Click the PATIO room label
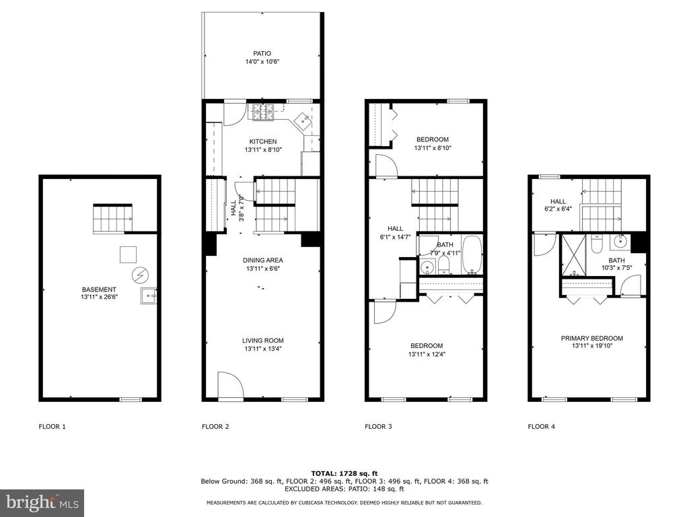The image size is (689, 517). tap(262, 54)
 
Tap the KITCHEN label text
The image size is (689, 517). tap(263, 141)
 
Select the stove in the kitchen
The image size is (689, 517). tap(263, 112)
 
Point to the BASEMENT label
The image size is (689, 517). tap(99, 289)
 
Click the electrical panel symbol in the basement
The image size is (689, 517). tap(140, 275)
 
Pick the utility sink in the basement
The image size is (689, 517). tap(149, 296)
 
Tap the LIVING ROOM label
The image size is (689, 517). tap(263, 340)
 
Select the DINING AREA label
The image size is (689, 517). tap(263, 261)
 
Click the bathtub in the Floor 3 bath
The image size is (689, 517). tap(472, 255)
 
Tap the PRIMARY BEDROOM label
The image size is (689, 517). tap(592, 338)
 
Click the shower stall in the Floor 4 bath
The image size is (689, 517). tap(574, 254)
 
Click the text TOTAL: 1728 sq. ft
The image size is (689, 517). tap(344, 473)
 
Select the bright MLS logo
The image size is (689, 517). tap(42, 502)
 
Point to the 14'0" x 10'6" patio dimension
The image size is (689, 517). tap(262, 62)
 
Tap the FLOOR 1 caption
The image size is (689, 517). tap(52, 426)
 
